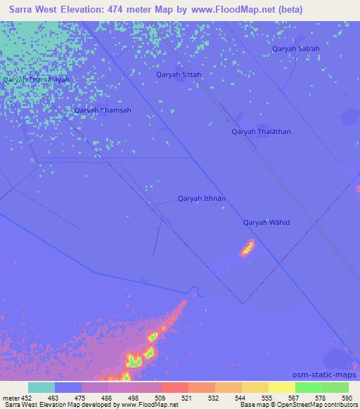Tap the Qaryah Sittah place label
(x=179, y=74)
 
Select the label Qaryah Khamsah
(x=103, y=110)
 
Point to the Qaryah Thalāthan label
(x=261, y=131)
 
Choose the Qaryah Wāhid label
(x=266, y=223)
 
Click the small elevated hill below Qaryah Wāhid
(x=247, y=247)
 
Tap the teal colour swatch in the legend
(x=41, y=387)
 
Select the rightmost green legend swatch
(x=335, y=387)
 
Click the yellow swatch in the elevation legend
(x=282, y=387)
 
